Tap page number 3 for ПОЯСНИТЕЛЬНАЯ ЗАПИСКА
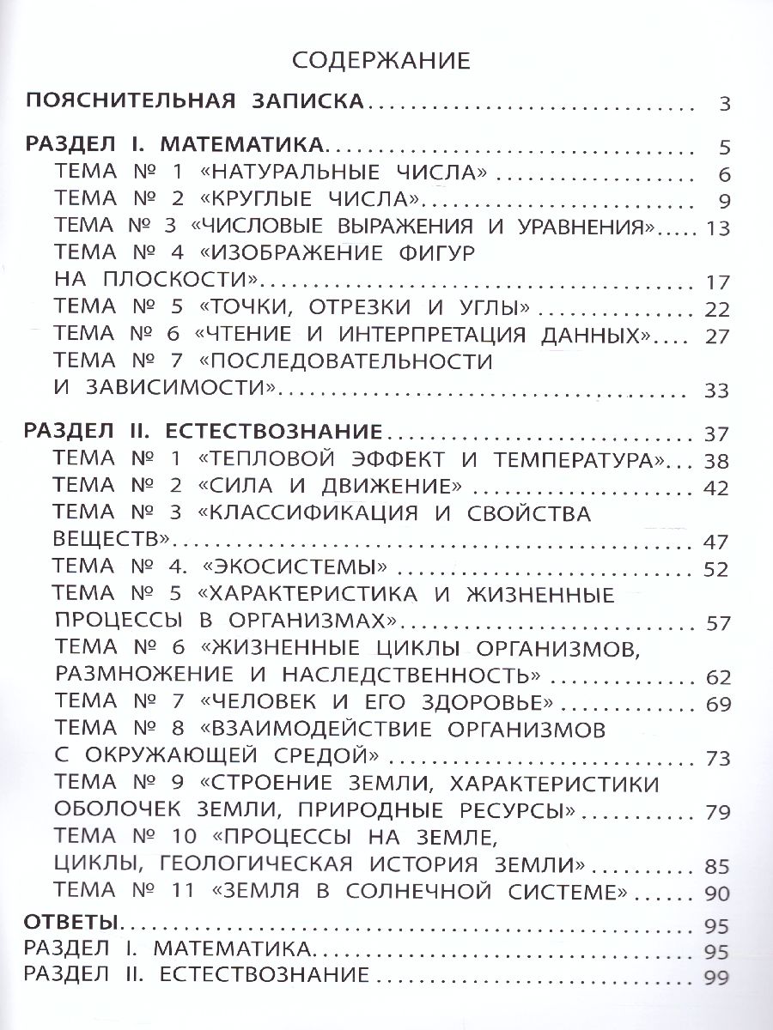(724, 107)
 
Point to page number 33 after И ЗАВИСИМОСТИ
(716, 391)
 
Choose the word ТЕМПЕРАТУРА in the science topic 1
(583, 457)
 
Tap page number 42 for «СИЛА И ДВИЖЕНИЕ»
(716, 489)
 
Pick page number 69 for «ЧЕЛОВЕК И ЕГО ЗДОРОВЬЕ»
(716, 706)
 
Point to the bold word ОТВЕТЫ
(71, 923)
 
